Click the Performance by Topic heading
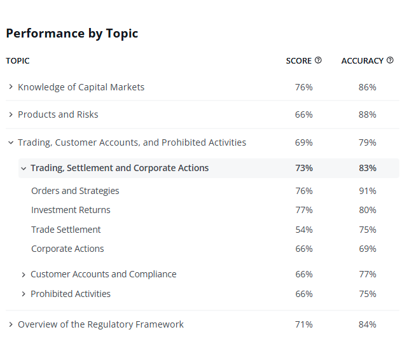[72, 34]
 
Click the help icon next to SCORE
[318, 60]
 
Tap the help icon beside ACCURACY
[390, 60]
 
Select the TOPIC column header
[18, 61]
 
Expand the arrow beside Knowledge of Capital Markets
[11, 87]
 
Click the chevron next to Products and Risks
[11, 114]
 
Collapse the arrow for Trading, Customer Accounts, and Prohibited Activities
[11, 142]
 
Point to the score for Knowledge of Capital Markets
[304, 87]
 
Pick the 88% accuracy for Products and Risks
[368, 114]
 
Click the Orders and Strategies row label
[75, 191]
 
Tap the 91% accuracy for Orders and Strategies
[368, 191]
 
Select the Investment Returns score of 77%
[304, 210]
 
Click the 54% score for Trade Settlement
[304, 230]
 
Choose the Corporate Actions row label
[67, 249]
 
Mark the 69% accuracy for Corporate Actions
[368, 249]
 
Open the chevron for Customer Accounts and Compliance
[24, 275]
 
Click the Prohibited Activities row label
[71, 294]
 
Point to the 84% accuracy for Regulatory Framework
[368, 324]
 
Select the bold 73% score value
[304, 168]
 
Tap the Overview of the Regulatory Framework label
[100, 324]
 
